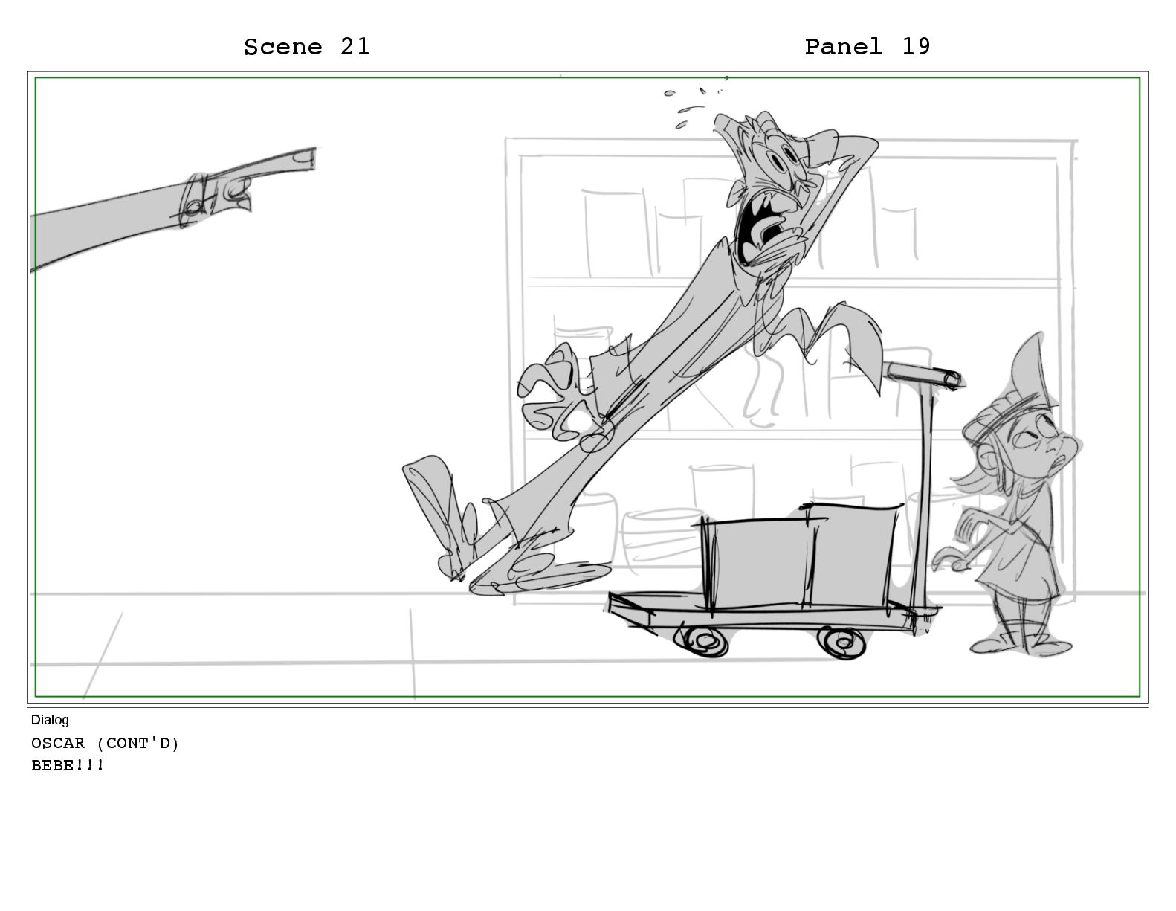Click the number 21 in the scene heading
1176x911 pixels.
pyautogui.click(x=355, y=47)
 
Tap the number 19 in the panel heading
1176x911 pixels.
pyautogui.click(x=916, y=47)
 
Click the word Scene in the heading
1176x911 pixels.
pyautogui.click(x=283, y=47)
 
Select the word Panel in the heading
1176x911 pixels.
pyautogui.click(x=844, y=47)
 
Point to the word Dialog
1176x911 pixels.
pyautogui.click(x=50, y=720)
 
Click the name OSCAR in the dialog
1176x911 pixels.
pyautogui.click(x=58, y=743)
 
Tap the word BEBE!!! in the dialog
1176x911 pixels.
pyautogui.click(x=68, y=765)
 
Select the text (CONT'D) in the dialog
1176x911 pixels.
pyautogui.click(x=138, y=743)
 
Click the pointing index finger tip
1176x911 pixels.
pyautogui.click(x=311, y=158)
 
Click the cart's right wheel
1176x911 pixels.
pyautogui.click(x=841, y=643)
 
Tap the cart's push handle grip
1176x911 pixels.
pyautogui.click(x=923, y=375)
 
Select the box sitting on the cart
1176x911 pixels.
pyautogui.click(x=798, y=558)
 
